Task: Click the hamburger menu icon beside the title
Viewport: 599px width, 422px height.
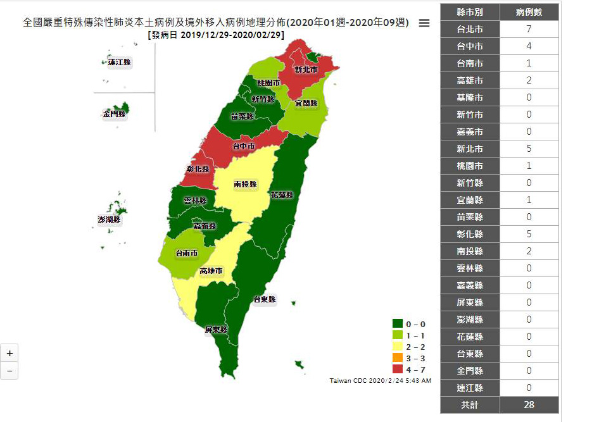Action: tap(424, 23)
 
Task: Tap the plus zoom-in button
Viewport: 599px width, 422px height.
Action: tap(9, 352)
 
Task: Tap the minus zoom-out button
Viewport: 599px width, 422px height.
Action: tap(9, 370)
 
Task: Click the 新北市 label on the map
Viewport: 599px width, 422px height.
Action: tap(306, 70)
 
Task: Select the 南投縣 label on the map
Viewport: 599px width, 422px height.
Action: tap(245, 184)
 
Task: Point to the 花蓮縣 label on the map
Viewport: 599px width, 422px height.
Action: tap(281, 195)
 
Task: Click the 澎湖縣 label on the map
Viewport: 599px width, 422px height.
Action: tap(109, 220)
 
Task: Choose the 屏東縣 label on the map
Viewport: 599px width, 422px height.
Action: tap(215, 330)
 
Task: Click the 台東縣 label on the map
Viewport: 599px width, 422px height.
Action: tap(264, 299)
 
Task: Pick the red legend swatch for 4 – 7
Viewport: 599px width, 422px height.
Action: tap(398, 369)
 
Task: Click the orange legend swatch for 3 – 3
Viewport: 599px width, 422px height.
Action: tap(398, 358)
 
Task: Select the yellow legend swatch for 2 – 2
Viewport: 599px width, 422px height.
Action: tap(398, 347)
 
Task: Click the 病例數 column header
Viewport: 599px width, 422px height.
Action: tap(529, 12)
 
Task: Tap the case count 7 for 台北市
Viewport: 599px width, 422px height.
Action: tap(529, 29)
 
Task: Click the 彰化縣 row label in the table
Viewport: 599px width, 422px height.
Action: tap(470, 234)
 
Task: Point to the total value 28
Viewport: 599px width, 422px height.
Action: tap(529, 405)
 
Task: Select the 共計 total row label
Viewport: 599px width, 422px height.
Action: tap(470, 405)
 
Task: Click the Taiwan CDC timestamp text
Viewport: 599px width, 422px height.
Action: tap(381, 381)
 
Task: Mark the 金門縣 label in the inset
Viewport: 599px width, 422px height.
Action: tap(115, 114)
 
